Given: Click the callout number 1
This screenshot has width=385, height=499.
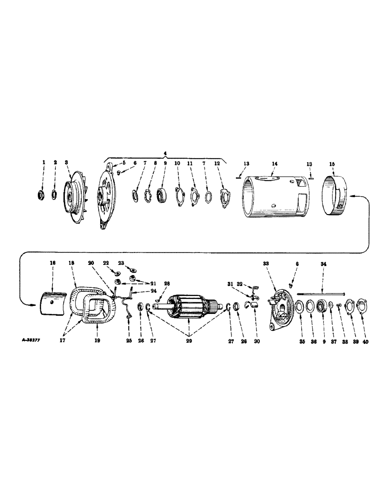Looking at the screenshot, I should (43, 163).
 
